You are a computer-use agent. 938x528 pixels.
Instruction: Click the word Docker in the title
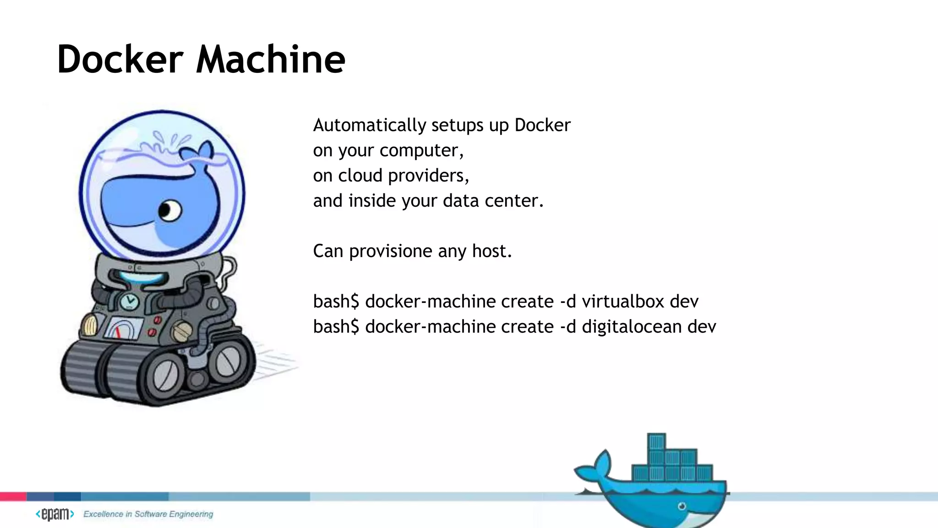[x=120, y=60]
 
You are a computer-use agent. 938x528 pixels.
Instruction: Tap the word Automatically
[x=370, y=125]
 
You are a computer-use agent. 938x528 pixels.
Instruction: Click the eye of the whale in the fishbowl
[x=169, y=211]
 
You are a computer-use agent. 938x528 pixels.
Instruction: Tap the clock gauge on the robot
[x=130, y=302]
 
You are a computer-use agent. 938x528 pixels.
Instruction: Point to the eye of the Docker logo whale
[x=682, y=506]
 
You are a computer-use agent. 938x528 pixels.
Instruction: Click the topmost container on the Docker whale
[x=656, y=441]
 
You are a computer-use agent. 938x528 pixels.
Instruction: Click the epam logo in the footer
[x=55, y=514]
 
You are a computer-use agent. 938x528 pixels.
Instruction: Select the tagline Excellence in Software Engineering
[x=148, y=514]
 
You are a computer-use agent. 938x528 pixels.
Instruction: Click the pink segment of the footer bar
[x=13, y=496]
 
